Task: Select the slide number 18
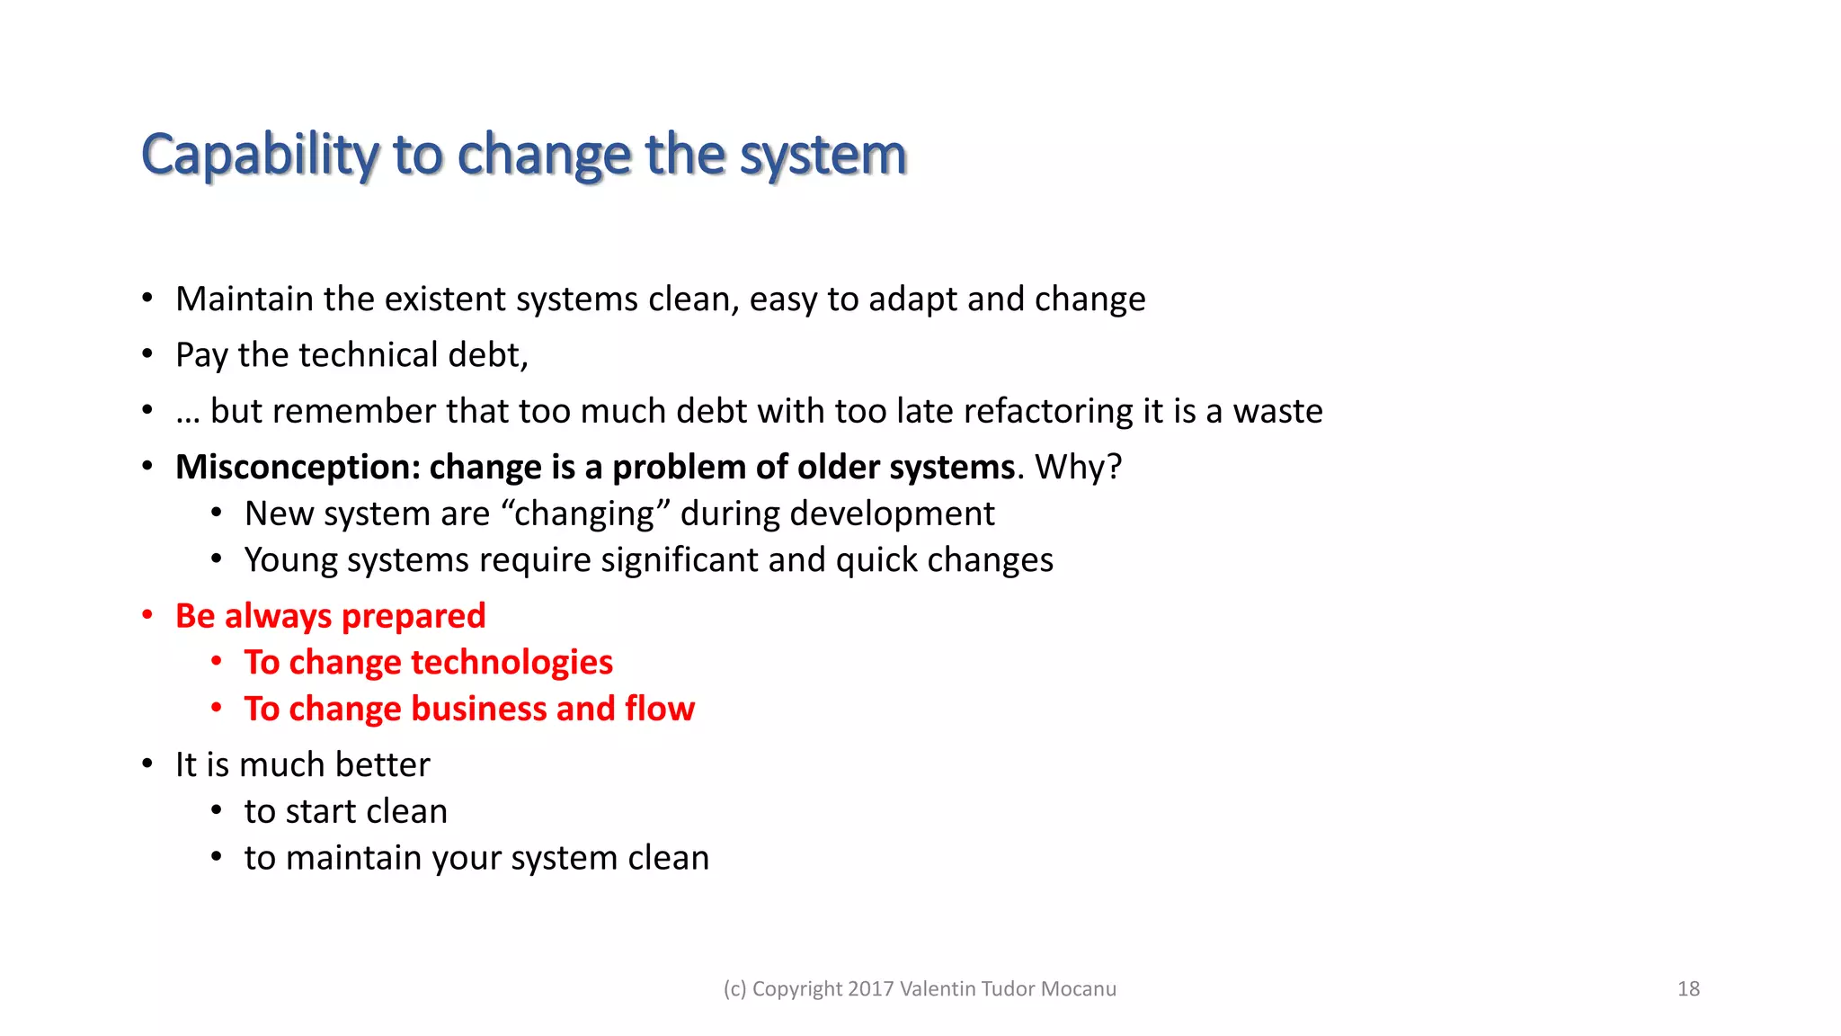coord(1688,988)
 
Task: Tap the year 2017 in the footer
coord(870,988)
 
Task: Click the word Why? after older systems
coord(1078,467)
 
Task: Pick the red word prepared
coord(414,616)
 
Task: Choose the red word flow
coord(660,709)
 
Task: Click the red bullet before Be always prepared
coord(147,615)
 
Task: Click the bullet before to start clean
coord(217,810)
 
